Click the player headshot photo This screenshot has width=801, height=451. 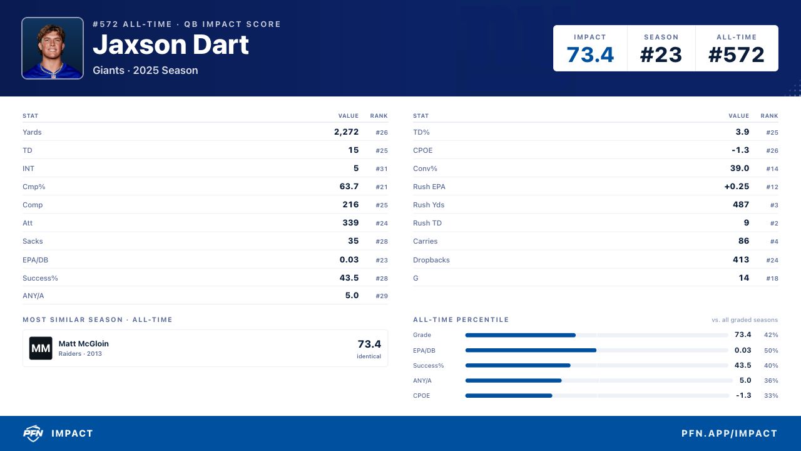53,48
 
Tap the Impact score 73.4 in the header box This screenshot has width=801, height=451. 590,54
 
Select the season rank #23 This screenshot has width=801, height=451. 661,54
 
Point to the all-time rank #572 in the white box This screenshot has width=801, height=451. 737,54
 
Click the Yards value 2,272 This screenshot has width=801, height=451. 346,132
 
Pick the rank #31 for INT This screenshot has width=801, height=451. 382,168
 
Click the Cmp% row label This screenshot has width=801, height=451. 34,187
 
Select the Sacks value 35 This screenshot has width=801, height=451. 354,241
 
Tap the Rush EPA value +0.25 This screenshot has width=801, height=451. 737,187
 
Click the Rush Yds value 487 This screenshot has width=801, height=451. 741,204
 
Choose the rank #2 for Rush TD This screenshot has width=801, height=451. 774,224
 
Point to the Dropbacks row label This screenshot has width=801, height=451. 431,260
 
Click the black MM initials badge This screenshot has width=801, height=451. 41,348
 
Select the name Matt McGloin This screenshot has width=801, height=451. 84,344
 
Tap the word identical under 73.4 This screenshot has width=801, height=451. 369,356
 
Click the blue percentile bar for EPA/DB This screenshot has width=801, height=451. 531,350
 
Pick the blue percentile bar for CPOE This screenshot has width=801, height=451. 509,395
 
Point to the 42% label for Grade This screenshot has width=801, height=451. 771,335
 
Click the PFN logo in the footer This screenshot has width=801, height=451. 33,433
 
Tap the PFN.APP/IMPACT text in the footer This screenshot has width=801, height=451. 730,433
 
